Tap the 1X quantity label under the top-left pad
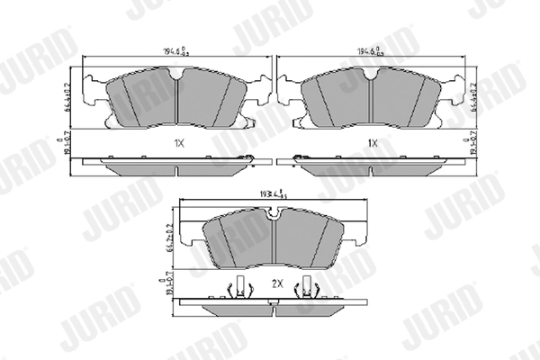pyautogui.click(x=179, y=143)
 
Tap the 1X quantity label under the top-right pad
pyautogui.click(x=373, y=143)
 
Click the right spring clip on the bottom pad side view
pyautogui.click(x=311, y=289)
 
